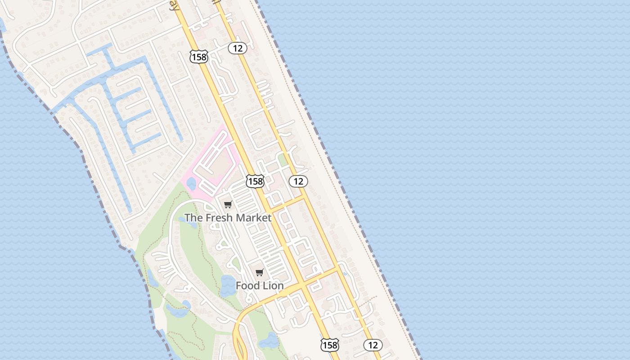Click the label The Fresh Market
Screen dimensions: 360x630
point(228,218)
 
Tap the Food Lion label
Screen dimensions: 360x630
point(260,286)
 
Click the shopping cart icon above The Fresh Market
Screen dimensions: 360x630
point(228,205)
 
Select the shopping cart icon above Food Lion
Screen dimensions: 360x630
point(259,272)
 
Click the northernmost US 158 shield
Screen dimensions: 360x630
point(198,57)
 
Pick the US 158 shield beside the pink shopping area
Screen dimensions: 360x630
point(255,181)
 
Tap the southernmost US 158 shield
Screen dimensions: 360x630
point(330,345)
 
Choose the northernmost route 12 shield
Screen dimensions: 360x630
point(237,48)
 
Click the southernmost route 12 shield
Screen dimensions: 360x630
point(373,345)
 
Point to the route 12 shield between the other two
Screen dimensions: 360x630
point(298,181)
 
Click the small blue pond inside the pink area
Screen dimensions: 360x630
point(191,183)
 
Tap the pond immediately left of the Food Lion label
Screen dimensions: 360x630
point(228,286)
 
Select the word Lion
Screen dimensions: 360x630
point(273,286)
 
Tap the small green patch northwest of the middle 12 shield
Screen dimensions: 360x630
point(282,160)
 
